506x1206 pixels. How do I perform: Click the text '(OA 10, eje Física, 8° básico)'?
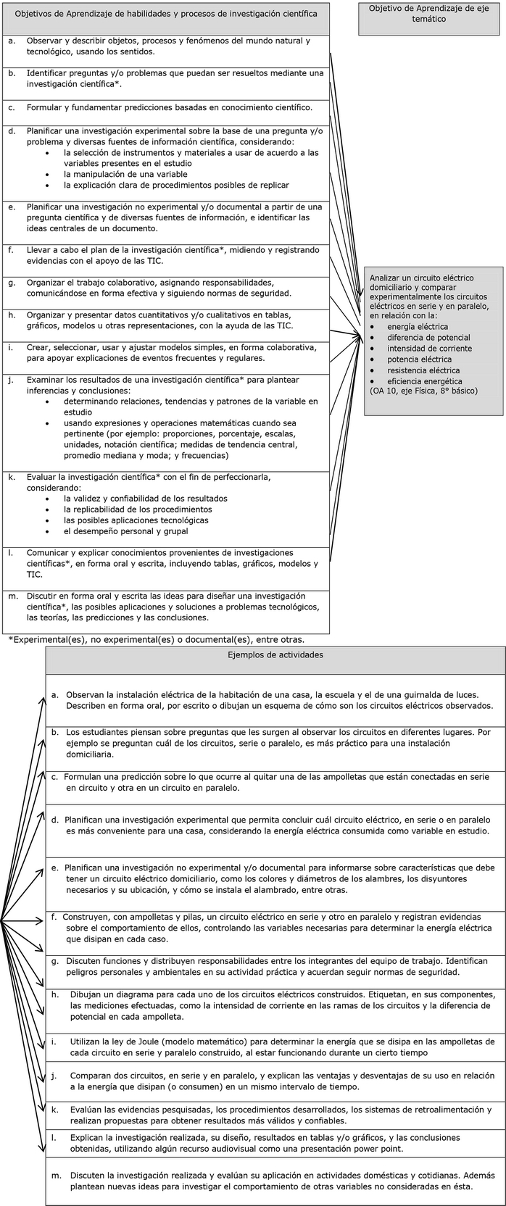point(423,391)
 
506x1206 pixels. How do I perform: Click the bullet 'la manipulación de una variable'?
point(125,174)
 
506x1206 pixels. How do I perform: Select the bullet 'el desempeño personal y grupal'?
point(125,531)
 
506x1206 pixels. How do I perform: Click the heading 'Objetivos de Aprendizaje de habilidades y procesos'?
point(166,14)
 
